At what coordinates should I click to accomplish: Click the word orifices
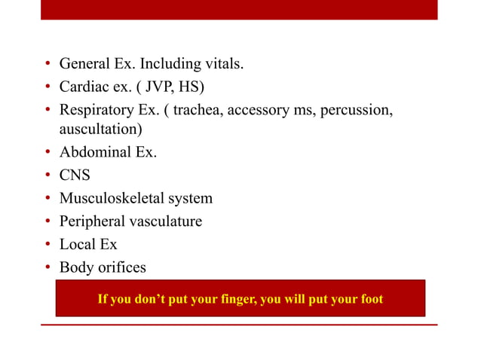pyautogui.click(x=121, y=267)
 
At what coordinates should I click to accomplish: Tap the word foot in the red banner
pyautogui.click(x=370, y=300)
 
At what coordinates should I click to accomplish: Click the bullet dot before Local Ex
pyautogui.click(x=47, y=245)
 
